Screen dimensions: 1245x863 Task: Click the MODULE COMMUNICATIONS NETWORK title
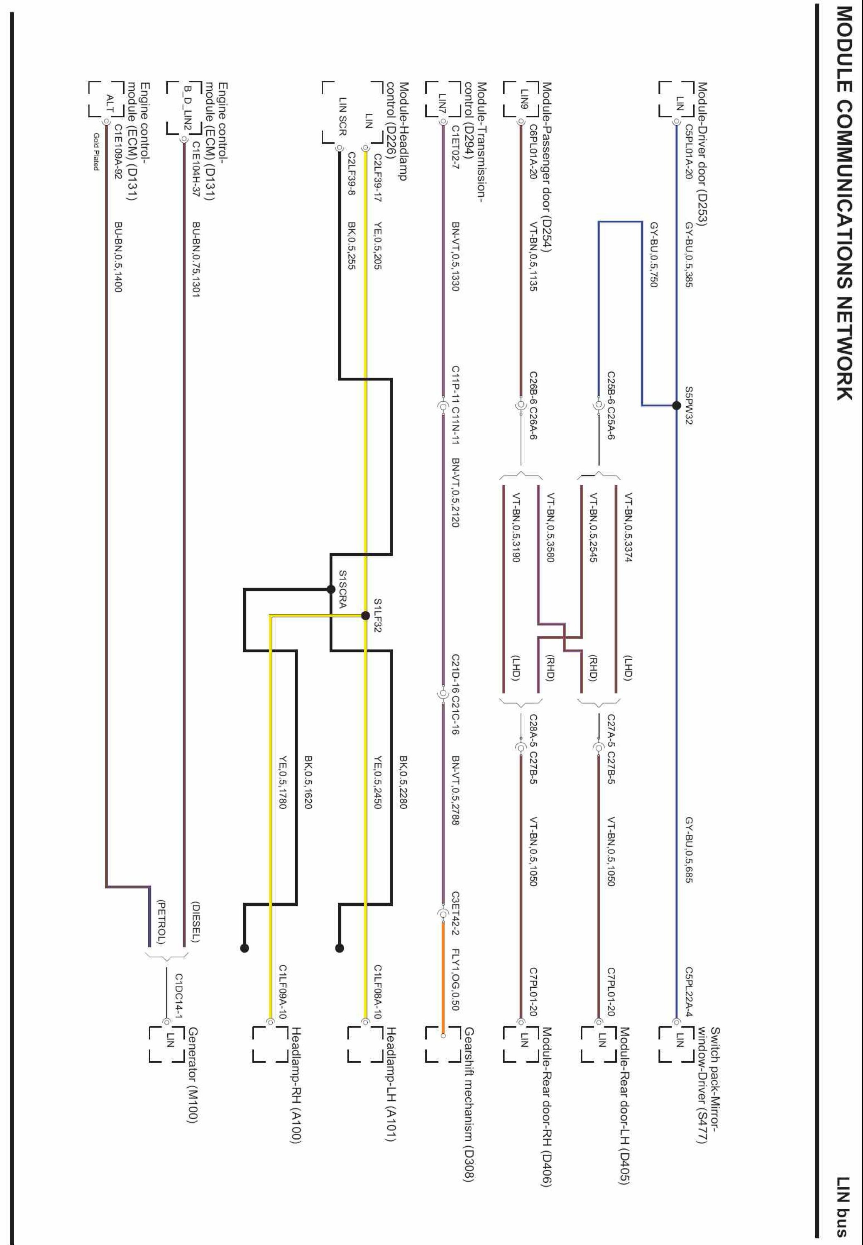(844, 211)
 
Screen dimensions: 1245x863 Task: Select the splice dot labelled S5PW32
(676, 405)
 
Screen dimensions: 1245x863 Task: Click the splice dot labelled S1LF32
(366, 615)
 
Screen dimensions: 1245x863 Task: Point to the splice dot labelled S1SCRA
(331, 589)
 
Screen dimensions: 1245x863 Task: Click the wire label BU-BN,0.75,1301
(196, 259)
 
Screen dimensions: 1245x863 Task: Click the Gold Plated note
(96, 152)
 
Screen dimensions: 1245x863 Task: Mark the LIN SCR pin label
(342, 116)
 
